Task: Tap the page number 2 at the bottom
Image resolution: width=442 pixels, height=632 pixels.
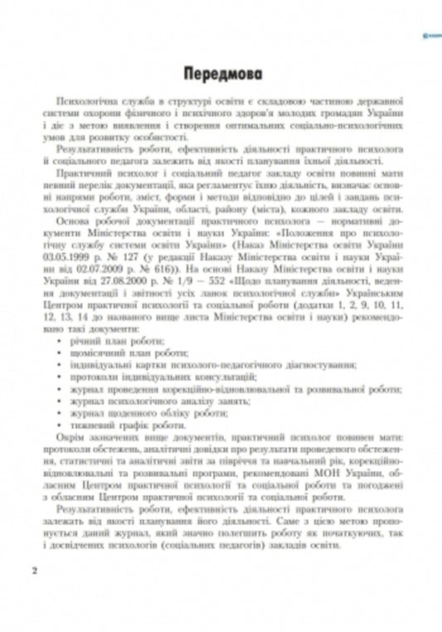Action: pos(34,572)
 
